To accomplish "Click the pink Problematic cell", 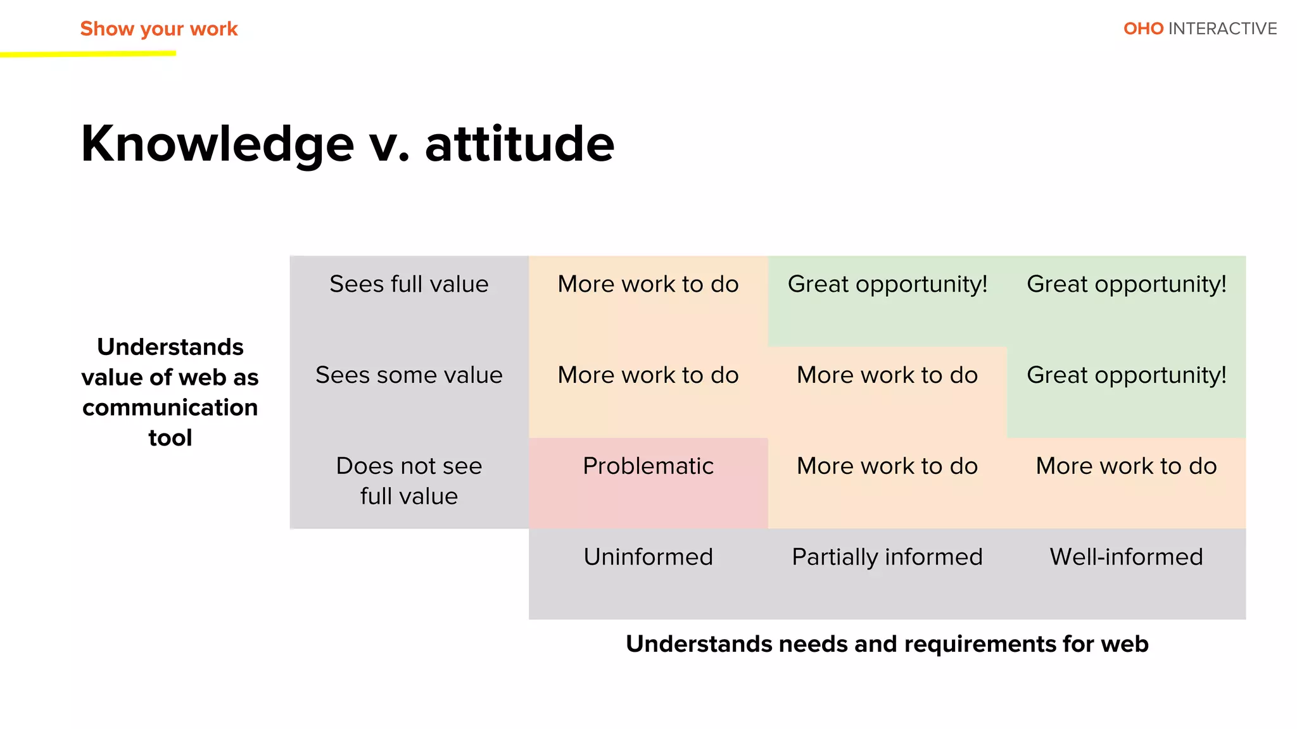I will coord(648,466).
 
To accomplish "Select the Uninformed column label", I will coord(648,557).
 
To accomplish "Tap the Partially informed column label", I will coord(887,557).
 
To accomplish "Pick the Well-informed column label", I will coord(1126,557).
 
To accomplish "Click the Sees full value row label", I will coord(409,284).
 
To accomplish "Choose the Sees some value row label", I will coord(409,375).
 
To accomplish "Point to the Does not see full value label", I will coord(409,481).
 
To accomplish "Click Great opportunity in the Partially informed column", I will coord(887,284).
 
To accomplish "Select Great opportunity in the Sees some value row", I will coord(1126,375).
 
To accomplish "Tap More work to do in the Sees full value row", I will coord(648,284).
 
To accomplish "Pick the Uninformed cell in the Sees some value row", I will coord(648,375).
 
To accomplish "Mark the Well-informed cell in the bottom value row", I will coord(1126,466).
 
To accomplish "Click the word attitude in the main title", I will coord(519,144).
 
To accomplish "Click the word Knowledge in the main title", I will coord(217,144).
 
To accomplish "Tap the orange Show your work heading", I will coord(158,29).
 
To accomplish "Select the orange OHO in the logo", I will coord(1143,29).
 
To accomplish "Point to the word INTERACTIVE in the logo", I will coord(1222,29).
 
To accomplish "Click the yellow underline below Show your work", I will coord(89,54).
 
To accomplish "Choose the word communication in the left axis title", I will coord(170,408).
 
